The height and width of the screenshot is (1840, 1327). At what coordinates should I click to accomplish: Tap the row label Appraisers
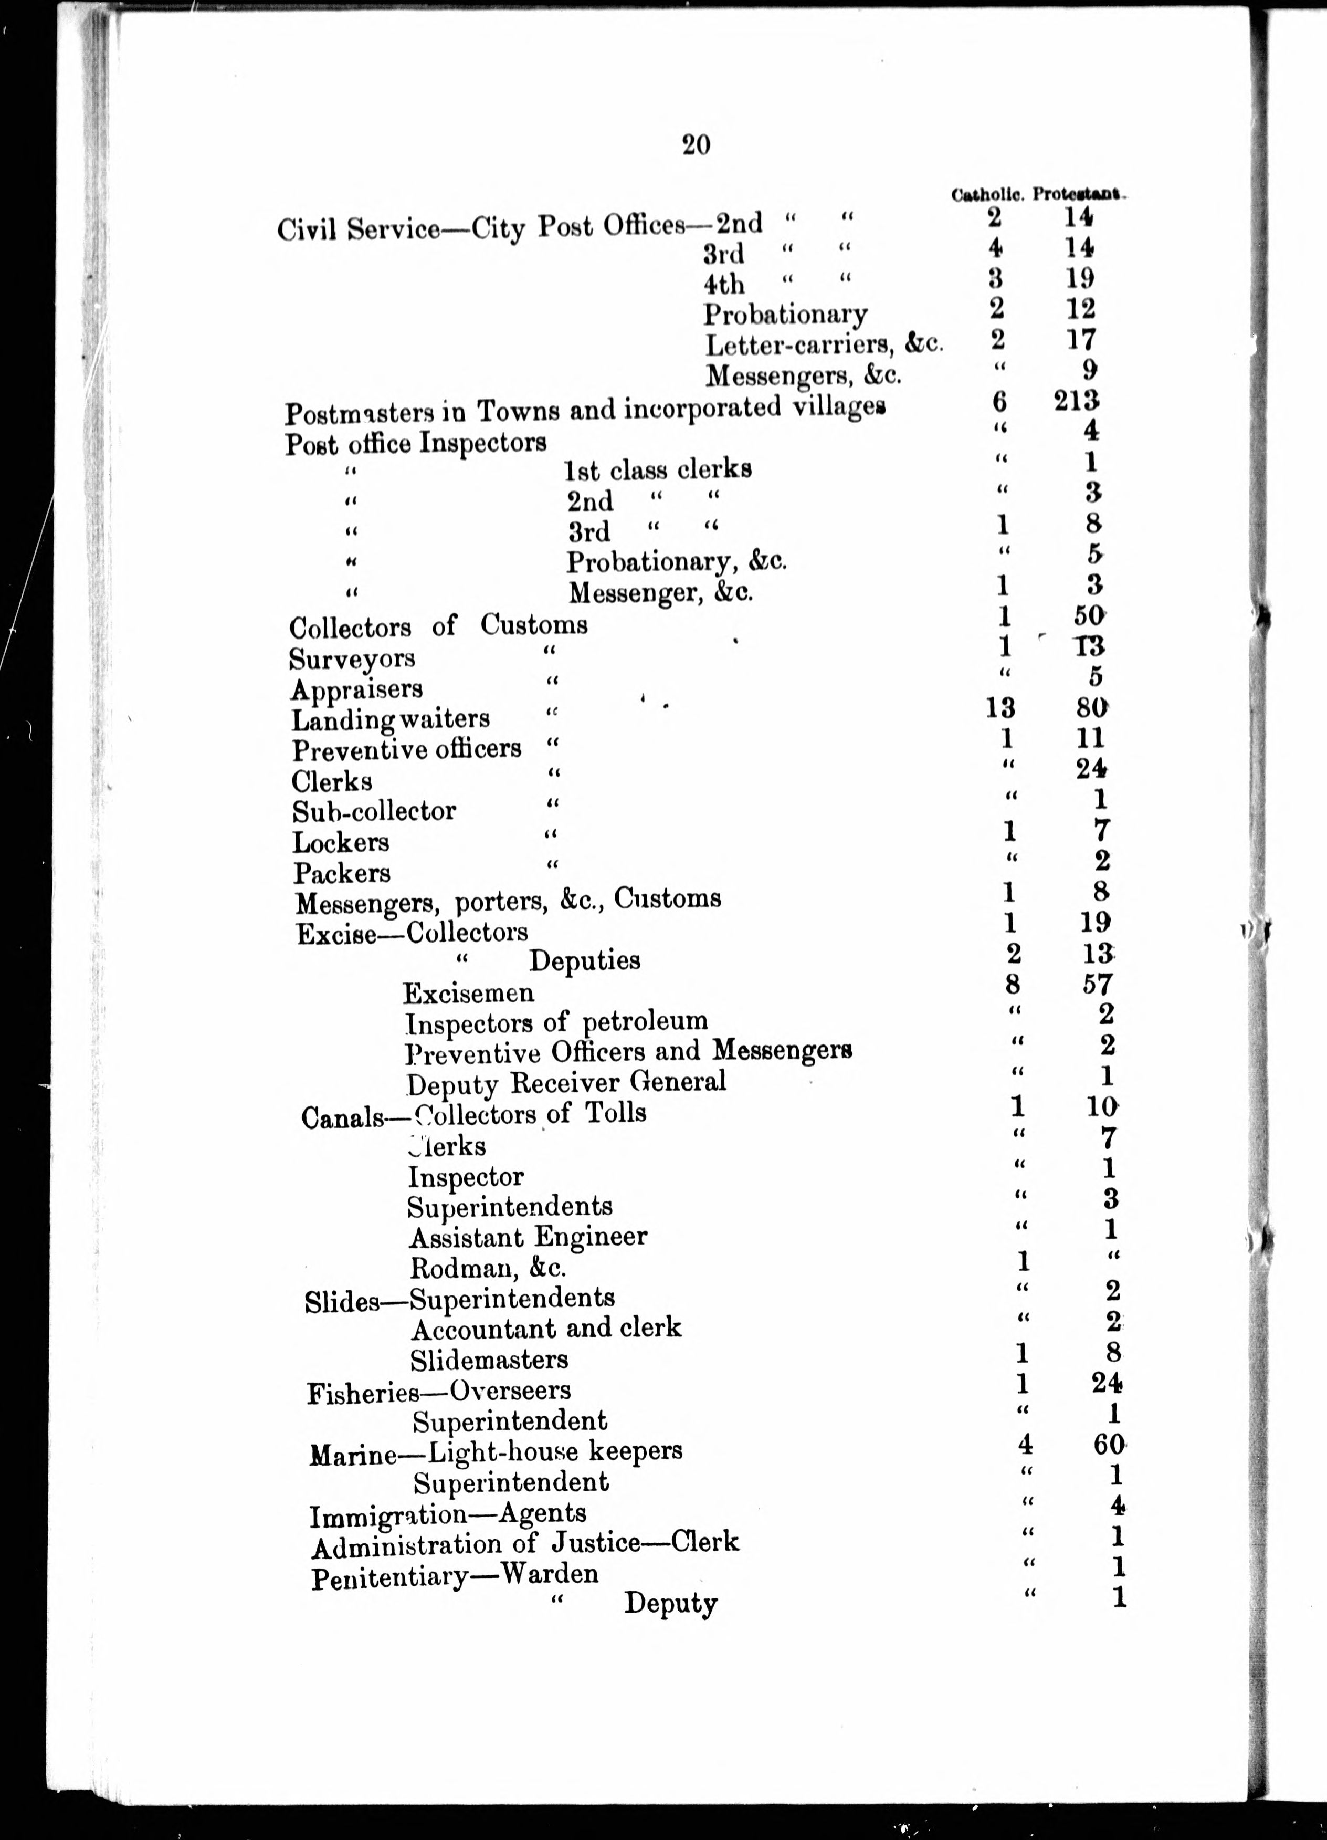pyautogui.click(x=357, y=689)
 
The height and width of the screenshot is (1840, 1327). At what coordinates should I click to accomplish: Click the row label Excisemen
pyautogui.click(x=468, y=993)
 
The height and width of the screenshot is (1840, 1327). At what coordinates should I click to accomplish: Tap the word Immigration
pyautogui.click(x=389, y=1514)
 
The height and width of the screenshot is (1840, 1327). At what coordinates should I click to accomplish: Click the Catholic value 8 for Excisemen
pyautogui.click(x=1012, y=984)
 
